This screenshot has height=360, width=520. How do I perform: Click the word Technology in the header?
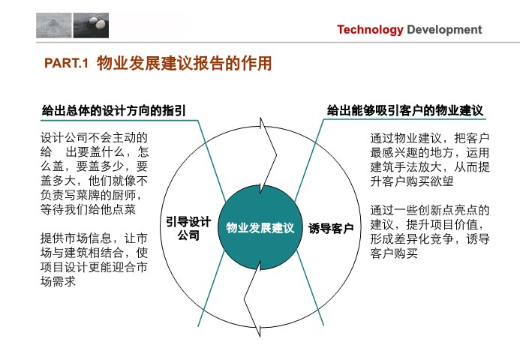point(370,30)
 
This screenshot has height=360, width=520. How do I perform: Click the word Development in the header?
point(444,29)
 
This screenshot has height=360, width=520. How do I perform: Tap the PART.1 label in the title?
point(66,63)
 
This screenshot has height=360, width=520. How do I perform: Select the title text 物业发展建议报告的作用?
point(185,63)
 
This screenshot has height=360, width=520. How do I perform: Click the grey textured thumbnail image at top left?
point(54,25)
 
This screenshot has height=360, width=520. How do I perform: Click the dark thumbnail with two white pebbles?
point(91,25)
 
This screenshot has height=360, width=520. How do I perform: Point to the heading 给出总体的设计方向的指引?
point(114,110)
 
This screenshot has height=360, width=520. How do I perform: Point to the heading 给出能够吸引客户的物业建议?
point(405,110)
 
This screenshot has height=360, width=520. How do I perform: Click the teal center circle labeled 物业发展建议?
point(260,227)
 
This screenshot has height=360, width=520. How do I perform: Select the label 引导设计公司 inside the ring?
point(188,229)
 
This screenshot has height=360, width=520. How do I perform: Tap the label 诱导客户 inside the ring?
point(331,229)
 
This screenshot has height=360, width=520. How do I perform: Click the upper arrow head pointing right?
point(268,154)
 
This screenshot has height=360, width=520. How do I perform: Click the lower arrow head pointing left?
point(253,298)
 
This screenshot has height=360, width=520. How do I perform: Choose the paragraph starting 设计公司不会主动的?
point(95,174)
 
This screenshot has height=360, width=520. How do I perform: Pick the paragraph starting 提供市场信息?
point(94,259)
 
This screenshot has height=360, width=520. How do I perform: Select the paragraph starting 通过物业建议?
point(430,160)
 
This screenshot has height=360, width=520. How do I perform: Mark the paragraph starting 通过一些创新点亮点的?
point(430,232)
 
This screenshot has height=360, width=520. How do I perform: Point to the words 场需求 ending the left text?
point(58,281)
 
